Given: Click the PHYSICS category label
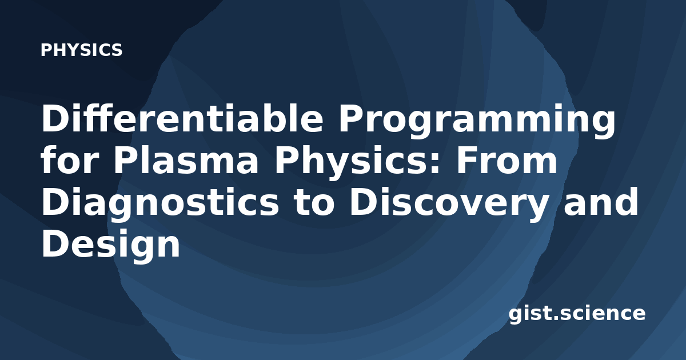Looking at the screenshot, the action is pyautogui.click(x=81, y=50).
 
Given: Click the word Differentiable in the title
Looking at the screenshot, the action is pyautogui.click(x=182, y=118).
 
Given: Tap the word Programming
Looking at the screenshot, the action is pyautogui.click(x=477, y=122).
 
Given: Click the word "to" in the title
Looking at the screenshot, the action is pyautogui.click(x=314, y=203).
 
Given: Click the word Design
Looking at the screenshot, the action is pyautogui.click(x=110, y=246).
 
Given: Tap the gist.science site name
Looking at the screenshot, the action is pyautogui.click(x=577, y=314).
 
